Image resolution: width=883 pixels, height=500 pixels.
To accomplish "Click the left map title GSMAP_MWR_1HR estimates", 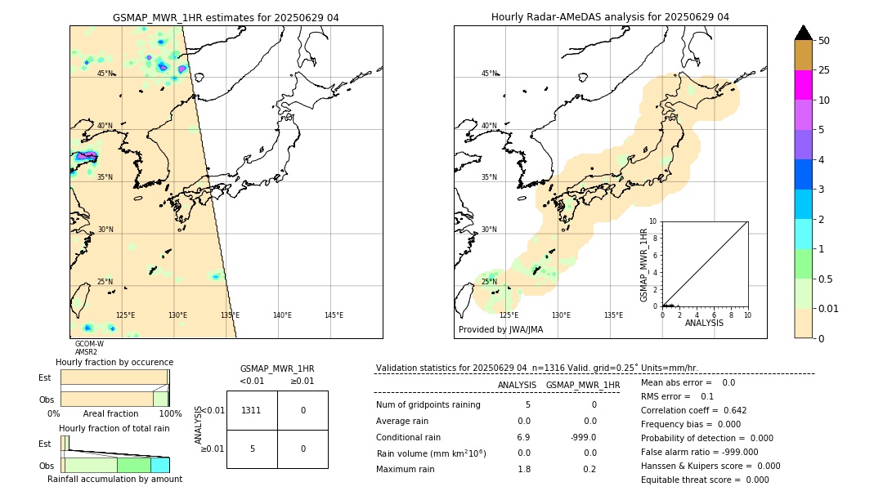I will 226,17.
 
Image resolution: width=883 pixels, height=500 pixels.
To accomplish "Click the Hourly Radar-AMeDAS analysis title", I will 610,17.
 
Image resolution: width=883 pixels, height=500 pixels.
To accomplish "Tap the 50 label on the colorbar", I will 824,41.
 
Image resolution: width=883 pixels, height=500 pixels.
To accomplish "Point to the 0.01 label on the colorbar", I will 829,308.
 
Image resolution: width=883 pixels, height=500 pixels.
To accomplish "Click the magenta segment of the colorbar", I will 803,85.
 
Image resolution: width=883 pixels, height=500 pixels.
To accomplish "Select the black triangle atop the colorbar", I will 803,33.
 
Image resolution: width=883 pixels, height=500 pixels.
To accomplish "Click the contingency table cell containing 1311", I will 252,410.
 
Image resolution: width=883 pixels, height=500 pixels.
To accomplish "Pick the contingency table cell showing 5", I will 252,449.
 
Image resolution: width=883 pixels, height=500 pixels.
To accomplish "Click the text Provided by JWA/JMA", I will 500,329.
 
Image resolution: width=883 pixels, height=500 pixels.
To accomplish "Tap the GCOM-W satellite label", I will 89,344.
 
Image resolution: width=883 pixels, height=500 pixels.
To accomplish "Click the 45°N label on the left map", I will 105,74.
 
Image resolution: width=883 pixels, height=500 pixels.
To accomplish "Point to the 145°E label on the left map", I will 334,315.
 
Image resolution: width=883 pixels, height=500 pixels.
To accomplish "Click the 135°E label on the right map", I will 613,315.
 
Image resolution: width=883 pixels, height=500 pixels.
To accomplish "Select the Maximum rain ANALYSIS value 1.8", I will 524,469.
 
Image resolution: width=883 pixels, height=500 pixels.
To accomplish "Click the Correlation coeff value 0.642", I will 729,411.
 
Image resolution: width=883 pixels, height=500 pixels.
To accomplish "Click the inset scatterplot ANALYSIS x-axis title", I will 704,323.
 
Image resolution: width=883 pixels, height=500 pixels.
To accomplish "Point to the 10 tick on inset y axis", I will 653,221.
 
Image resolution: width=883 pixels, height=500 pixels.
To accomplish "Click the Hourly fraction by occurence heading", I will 114,362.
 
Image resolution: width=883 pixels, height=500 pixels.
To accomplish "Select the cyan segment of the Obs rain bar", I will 160,465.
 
